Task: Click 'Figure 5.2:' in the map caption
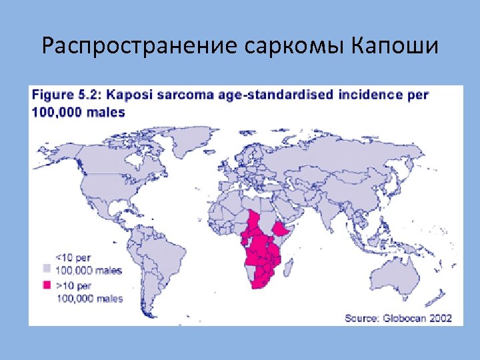coord(69,95)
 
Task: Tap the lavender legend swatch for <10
coord(47,267)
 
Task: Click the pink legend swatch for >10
coord(47,285)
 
